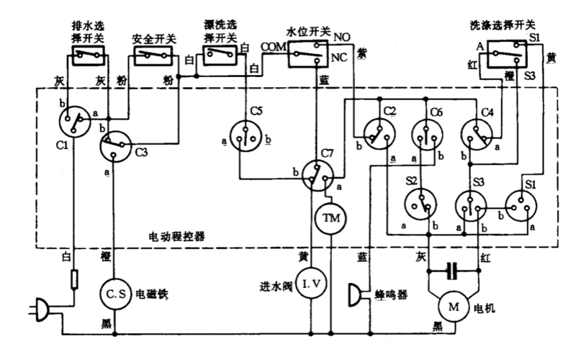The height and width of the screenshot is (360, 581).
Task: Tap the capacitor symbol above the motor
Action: point(452,271)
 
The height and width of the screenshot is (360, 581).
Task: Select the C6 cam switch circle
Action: point(426,132)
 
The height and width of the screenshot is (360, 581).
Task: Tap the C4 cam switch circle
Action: point(476,132)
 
